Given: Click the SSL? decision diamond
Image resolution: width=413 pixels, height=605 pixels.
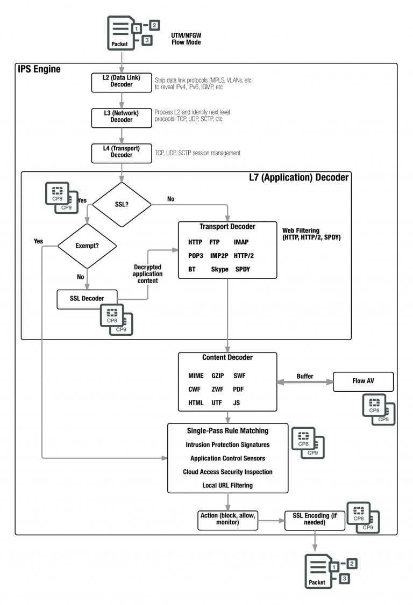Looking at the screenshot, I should point(122,204).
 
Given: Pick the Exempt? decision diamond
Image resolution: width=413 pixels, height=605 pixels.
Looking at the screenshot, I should point(87,246).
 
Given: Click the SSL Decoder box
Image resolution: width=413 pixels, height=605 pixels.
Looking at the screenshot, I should point(87,299).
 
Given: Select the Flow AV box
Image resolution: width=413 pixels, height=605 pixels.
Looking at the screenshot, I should point(364,382).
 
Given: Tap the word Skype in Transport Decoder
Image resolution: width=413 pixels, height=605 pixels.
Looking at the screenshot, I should point(220,269).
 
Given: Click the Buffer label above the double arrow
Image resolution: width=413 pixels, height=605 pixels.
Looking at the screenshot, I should point(304,376).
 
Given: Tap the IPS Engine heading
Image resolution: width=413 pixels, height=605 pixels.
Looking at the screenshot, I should point(39,69).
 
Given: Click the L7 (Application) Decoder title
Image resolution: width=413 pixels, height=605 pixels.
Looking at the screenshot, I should point(298,177).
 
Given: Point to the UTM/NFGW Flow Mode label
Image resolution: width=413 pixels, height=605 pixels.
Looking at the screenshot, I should point(186,39).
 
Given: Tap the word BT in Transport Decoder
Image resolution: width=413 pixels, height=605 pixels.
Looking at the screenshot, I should point(192,269).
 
